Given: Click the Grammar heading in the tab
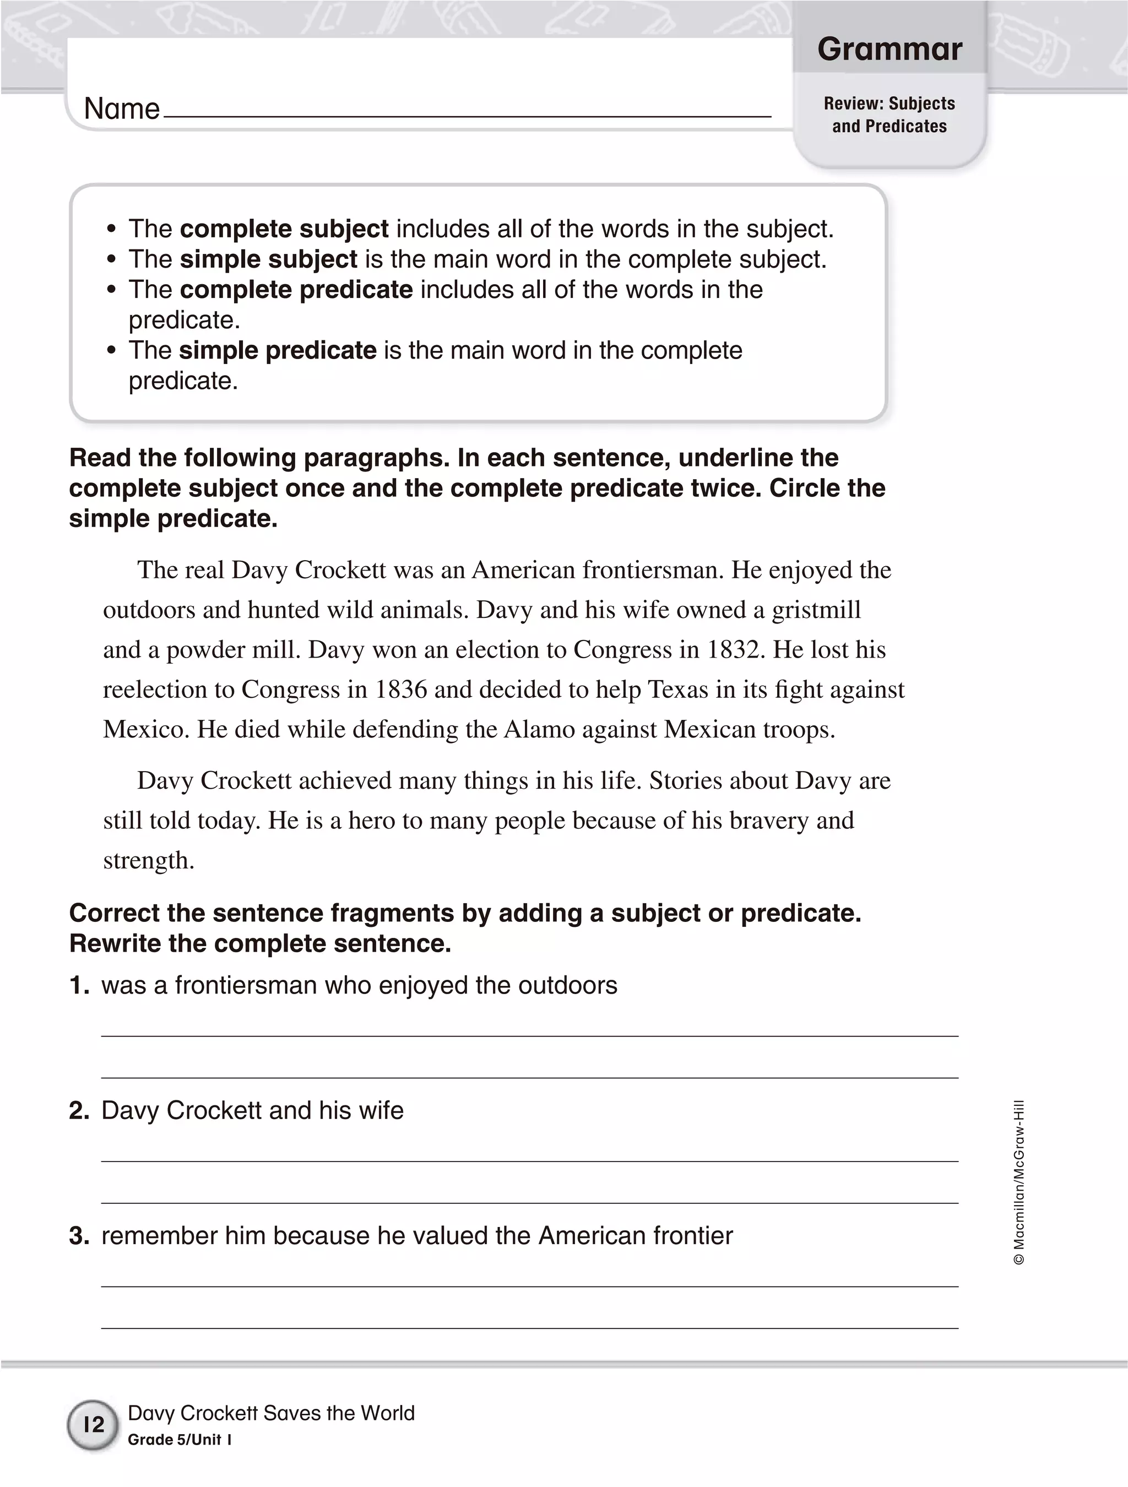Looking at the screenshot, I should click(889, 49).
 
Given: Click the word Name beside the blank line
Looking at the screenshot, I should click(122, 109).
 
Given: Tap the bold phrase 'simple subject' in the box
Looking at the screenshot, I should click(268, 259).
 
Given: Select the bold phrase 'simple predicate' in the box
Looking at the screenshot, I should click(277, 350).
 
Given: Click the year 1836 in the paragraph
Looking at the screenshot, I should click(400, 690).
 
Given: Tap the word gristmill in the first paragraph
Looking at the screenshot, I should click(816, 610).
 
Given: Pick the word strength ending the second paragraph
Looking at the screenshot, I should click(149, 860).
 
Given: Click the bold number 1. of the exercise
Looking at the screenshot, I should click(79, 985).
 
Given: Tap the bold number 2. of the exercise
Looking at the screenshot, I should click(79, 1110).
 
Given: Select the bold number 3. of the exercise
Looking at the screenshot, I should click(79, 1235).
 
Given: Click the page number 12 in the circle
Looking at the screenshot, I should click(94, 1424).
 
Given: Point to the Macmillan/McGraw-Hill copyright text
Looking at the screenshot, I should click(1018, 1183).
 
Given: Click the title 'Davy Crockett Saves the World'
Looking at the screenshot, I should click(271, 1413).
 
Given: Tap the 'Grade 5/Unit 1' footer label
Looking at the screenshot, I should click(180, 1439).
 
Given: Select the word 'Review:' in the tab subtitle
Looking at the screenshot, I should click(853, 104).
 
